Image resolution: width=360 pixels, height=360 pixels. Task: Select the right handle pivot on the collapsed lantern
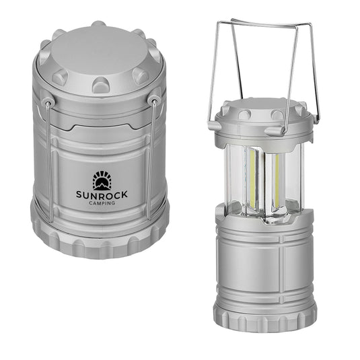click(155, 101)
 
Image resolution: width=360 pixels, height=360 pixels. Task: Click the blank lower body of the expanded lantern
click(265, 262)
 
